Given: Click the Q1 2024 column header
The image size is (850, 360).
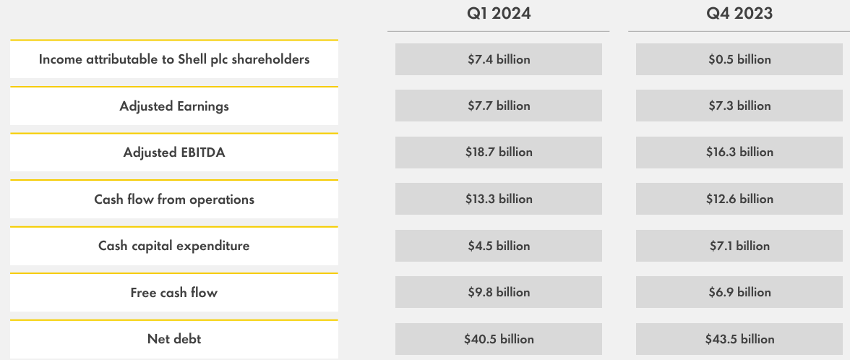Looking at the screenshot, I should click(499, 14).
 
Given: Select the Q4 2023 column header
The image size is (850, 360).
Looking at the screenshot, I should click(739, 14).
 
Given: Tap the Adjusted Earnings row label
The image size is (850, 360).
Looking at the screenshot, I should click(174, 106).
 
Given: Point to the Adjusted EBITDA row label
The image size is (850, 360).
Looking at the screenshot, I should click(174, 153).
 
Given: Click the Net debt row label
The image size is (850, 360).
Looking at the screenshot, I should click(174, 339).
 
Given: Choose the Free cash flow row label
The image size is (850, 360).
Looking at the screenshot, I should click(174, 293).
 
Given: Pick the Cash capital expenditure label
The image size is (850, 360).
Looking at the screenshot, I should click(174, 246).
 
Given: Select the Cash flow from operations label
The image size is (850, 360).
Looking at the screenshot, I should click(174, 200).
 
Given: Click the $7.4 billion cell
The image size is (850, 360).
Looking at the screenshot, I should click(499, 59).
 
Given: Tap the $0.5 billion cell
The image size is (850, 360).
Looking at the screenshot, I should click(739, 59).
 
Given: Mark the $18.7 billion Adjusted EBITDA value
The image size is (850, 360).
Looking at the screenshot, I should click(499, 153).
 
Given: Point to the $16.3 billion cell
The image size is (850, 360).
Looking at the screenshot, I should click(739, 153).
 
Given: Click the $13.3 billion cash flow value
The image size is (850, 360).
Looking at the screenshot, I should click(499, 200).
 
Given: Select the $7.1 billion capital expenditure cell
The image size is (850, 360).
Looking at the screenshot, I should click(739, 246).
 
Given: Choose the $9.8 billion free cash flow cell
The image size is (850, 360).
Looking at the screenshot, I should click(499, 293).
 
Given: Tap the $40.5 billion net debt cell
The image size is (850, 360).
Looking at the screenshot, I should click(499, 339).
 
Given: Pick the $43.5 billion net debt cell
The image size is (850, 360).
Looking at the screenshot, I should click(739, 339).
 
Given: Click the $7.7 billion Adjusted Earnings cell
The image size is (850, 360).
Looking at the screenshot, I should click(499, 106).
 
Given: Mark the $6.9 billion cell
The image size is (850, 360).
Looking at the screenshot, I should click(739, 293).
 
